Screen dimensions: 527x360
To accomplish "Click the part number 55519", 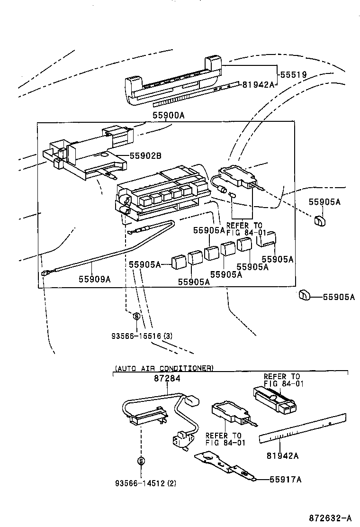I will point(293,75).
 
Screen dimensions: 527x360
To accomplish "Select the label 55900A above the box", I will point(169,115).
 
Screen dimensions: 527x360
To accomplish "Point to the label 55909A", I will point(94,279).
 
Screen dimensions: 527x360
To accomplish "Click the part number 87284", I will point(167,379).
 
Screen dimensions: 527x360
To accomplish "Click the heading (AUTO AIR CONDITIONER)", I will point(164,368).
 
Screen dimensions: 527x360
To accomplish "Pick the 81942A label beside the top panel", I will point(259,84).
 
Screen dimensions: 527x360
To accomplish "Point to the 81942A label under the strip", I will point(282,455).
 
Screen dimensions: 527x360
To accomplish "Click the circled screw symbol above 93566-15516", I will point(136,316).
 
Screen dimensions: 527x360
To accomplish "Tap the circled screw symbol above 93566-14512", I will point(141,460).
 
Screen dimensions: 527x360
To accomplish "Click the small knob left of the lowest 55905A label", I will point(304,296).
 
